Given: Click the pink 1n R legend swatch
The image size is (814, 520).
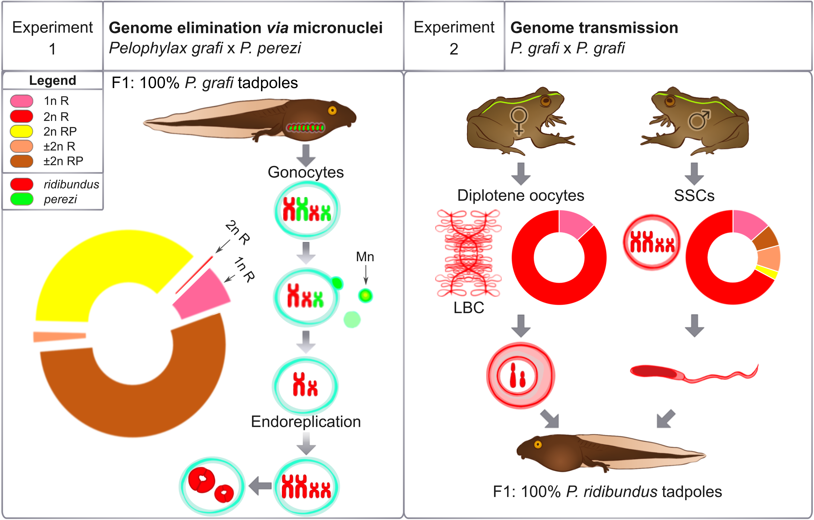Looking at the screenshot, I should click(22, 101).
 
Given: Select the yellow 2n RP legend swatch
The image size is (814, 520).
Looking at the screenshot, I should click(22, 131).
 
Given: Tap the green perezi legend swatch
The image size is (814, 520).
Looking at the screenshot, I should click(22, 199).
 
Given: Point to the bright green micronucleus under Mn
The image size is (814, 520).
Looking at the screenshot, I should click(365, 296).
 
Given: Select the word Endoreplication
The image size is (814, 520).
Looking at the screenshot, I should click(306, 421).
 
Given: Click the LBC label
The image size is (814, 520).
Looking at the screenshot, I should click(469, 308).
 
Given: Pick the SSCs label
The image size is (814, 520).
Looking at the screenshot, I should click(694, 195).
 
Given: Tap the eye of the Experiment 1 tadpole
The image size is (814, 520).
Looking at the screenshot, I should click(332, 110).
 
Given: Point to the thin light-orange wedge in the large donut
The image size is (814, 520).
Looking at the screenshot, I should click(59, 336).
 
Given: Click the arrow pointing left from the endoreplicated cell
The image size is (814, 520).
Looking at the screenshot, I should click(260, 486).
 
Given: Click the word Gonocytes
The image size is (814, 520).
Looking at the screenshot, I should click(306, 172).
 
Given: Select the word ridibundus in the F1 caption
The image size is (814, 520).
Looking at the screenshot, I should click(612, 492).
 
